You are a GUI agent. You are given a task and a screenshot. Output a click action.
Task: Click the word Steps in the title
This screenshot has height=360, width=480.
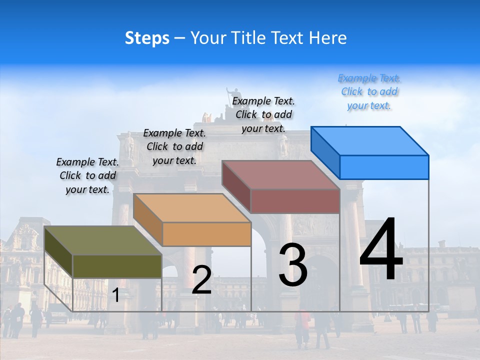(147, 38)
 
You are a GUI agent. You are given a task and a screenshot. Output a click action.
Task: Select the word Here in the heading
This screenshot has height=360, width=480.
(328, 38)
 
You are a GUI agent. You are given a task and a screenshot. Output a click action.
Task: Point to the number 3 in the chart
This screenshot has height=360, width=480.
(293, 265)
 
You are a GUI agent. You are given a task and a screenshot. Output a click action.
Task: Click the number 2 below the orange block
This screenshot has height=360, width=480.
(201, 280)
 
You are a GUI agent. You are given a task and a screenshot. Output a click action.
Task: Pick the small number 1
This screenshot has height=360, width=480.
(116, 295)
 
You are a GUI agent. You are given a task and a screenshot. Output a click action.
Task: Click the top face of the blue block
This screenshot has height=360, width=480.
(370, 140)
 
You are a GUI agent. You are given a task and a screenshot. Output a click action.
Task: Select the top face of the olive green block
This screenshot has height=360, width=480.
(103, 240)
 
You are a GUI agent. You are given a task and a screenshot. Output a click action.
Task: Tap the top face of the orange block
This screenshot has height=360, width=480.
(192, 208)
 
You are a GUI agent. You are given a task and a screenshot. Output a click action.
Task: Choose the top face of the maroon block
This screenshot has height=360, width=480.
(281, 175)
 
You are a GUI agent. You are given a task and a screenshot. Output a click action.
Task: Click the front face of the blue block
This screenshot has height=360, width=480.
(384, 167)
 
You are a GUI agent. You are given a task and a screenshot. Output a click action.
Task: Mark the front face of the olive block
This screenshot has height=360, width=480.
(117, 266)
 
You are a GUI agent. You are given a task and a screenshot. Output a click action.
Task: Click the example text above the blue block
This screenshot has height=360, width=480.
(369, 92)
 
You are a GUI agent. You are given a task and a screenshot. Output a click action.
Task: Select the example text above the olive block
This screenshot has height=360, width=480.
(87, 175)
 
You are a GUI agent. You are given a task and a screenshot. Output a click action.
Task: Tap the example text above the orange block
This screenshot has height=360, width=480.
(174, 146)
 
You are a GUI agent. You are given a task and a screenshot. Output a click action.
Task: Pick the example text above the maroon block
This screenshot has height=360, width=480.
(263, 114)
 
